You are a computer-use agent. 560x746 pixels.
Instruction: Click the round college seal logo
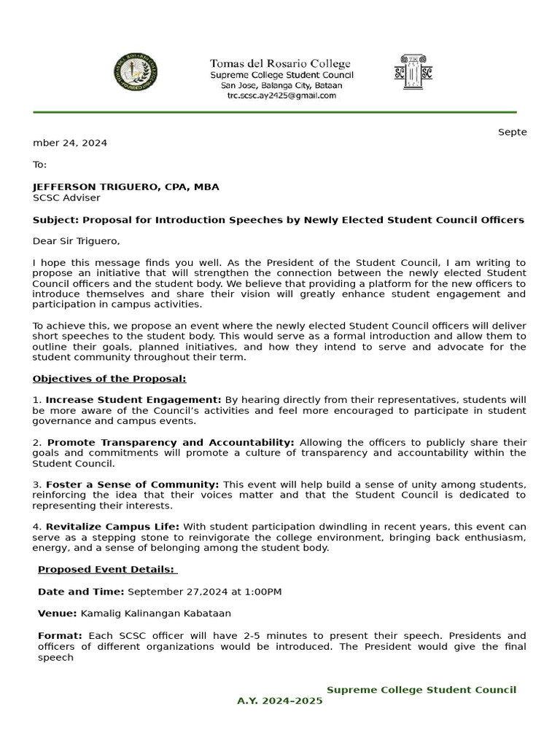coord(136,73)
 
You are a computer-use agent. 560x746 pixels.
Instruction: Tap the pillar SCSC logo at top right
coord(413,72)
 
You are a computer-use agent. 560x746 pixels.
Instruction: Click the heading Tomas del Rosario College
coord(280,64)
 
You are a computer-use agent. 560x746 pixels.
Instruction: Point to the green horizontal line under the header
coord(274,112)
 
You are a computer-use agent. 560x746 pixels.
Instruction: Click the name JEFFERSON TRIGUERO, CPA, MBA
coord(125,187)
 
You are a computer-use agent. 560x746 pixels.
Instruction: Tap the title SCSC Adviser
coord(66,197)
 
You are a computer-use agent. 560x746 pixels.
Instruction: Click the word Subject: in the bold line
coord(56,220)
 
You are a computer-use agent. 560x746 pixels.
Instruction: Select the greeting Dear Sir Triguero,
coord(76,241)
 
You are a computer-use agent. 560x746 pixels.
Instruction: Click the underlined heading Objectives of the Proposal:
coord(109,379)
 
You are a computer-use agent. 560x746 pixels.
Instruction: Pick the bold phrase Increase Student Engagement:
coord(133,400)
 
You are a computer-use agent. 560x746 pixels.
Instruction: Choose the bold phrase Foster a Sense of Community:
coord(132,484)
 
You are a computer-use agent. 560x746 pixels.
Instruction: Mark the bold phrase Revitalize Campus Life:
coord(112,527)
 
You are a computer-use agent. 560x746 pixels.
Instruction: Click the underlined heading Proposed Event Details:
coord(107,570)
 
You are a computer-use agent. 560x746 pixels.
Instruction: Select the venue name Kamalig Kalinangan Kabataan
coord(155,613)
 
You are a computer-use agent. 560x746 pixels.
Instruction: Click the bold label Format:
coord(60,636)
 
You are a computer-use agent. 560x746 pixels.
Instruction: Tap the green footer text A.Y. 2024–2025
coord(279,701)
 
